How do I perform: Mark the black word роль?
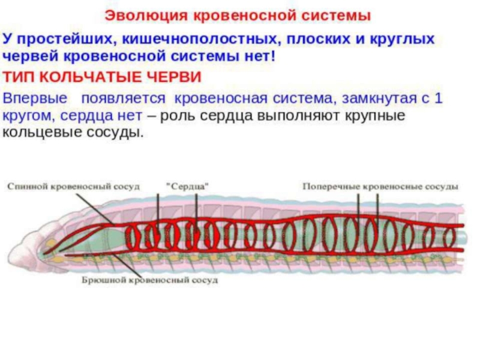tap(180, 115)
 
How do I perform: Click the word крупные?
tap(376, 115)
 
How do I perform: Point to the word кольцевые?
tap(37, 132)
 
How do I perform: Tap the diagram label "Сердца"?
tap(187, 187)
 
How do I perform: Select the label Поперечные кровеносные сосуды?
tap(380, 187)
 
